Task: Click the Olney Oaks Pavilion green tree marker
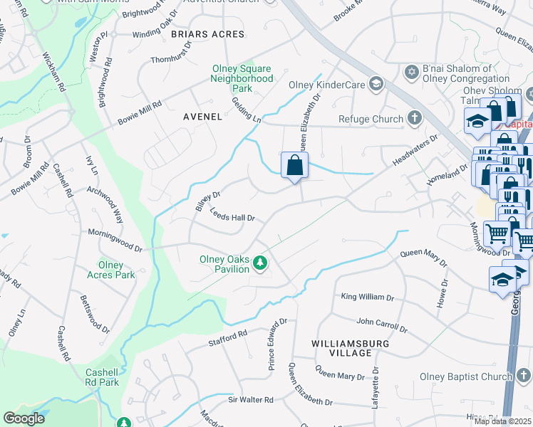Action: coord(261,264)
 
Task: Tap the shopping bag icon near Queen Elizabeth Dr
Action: coord(294,167)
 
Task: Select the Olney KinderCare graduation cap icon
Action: coord(376,85)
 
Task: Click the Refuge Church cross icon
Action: coord(414,119)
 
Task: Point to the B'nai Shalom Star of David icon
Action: coord(411,73)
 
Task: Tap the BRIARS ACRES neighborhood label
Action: coord(207,34)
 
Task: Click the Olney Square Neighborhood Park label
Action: coord(242,78)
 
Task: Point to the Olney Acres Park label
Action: coord(116,270)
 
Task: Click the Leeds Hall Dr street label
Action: coord(232,215)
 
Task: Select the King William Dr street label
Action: coord(367,297)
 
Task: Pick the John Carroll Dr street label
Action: coord(382,325)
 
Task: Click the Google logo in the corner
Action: coord(24,418)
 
